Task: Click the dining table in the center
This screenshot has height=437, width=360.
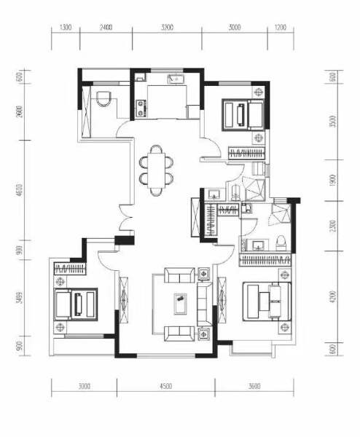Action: (x=156, y=169)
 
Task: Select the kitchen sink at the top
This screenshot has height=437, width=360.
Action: (x=176, y=79)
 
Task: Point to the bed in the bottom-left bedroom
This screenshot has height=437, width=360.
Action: (x=76, y=302)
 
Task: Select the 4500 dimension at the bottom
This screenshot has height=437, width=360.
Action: (x=164, y=387)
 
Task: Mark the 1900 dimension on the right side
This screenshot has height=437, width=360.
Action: (x=332, y=179)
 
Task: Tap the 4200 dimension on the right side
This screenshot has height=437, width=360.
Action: (x=332, y=297)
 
